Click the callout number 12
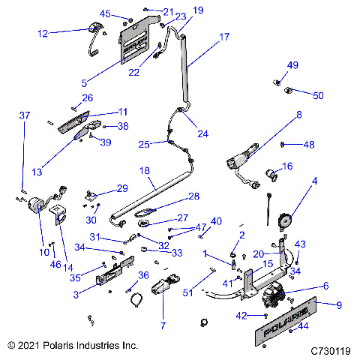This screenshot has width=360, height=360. point(43,33)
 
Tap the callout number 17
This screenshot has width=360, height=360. point(224,36)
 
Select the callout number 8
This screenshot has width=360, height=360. point(298,115)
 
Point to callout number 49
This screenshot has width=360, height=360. point(292,65)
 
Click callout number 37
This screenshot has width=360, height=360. point(25,115)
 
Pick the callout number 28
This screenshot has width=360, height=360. point(193,196)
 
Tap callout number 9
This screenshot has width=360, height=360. point(337,305)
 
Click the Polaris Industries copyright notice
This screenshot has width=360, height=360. point(73,346)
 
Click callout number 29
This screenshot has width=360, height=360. point(121,188)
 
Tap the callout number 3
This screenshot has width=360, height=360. point(76,294)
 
